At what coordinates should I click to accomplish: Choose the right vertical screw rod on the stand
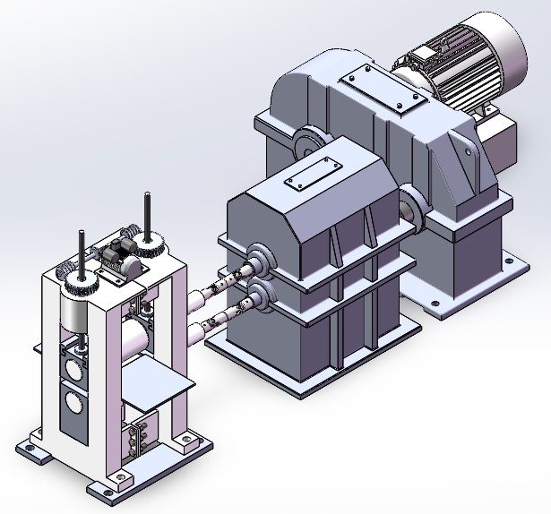coord(145,213)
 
